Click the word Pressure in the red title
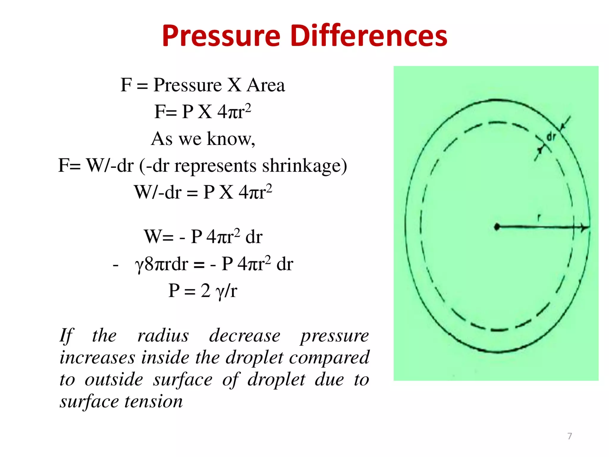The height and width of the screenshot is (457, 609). pos(221,36)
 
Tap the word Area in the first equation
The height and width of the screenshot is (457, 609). pos(266,85)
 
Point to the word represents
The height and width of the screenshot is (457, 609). pos(215,166)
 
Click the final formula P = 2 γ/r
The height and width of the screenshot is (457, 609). pos(203,291)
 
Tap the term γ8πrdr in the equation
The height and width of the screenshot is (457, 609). pos(161,264)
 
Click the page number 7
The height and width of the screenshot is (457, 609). pos(569,436)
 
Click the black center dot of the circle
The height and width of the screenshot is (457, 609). pos(497,227)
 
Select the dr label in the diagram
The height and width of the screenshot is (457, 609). pos(551,137)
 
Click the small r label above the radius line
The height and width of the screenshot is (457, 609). pos(539,218)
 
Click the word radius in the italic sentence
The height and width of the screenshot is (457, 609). pos(163,336)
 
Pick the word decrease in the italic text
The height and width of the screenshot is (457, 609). pos(244,336)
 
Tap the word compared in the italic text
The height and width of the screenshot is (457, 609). pos(329,358)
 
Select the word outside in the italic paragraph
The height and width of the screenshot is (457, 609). pos(114,380)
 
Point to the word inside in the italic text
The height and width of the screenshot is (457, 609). pos(165,358)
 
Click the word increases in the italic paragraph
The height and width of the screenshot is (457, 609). pos(97,358)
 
